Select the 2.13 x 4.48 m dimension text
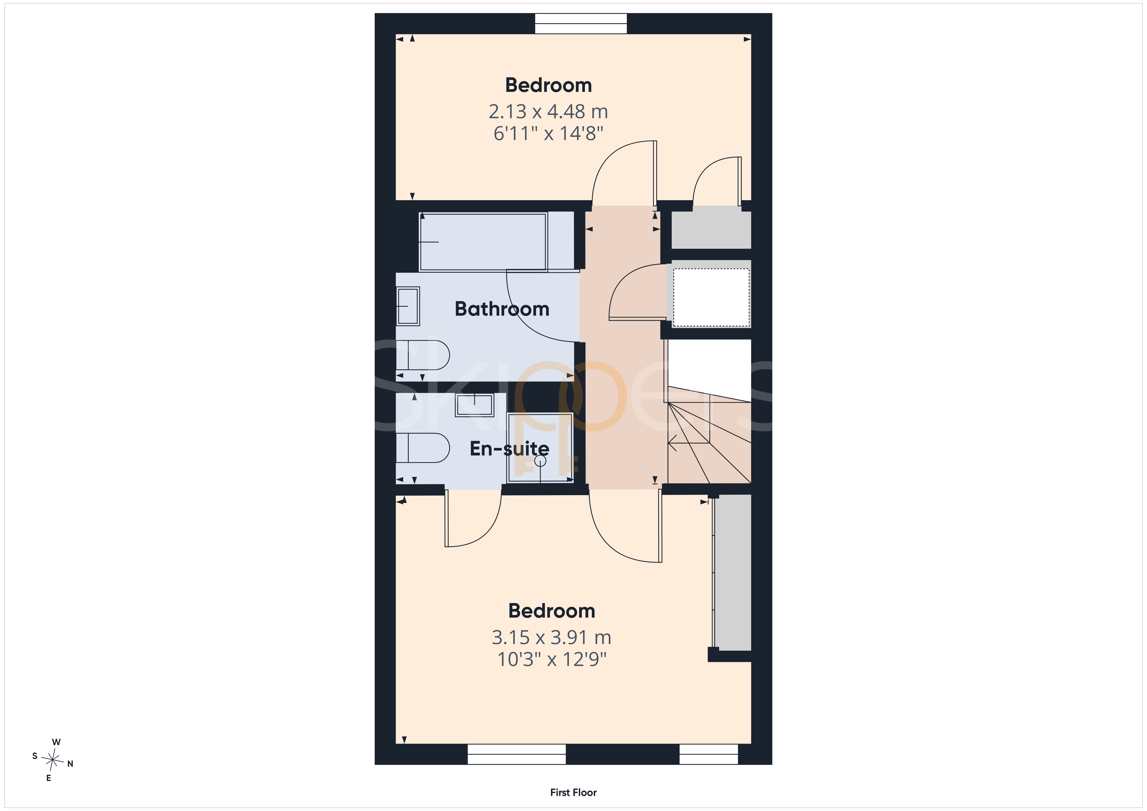(x=548, y=111)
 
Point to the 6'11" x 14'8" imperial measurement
(x=548, y=133)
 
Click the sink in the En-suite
(x=474, y=405)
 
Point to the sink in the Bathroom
(x=408, y=306)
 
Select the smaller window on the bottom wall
(x=708, y=754)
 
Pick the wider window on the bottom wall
(x=517, y=754)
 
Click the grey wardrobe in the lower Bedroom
(x=732, y=573)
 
